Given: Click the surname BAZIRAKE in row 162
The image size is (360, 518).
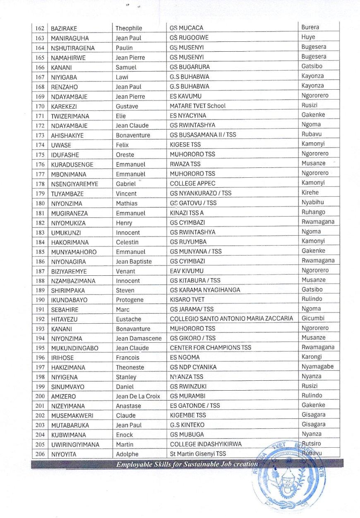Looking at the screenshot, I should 64,29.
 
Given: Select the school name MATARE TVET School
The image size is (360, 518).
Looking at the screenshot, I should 198,106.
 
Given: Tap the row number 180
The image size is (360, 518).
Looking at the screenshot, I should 40,203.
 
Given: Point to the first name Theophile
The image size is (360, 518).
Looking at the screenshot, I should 129,29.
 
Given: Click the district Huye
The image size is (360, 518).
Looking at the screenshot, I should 308,37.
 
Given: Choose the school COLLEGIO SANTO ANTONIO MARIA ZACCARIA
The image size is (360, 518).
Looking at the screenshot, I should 231,319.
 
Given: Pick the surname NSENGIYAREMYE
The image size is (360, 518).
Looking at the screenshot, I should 74,184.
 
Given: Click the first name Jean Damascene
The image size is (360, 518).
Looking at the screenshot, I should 139,338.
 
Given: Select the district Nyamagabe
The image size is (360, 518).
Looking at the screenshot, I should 317,367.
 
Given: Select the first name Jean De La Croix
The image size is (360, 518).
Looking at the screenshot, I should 138,396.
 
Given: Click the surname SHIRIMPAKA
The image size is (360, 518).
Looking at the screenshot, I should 68,290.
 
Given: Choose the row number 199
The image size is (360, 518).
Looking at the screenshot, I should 40,387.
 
